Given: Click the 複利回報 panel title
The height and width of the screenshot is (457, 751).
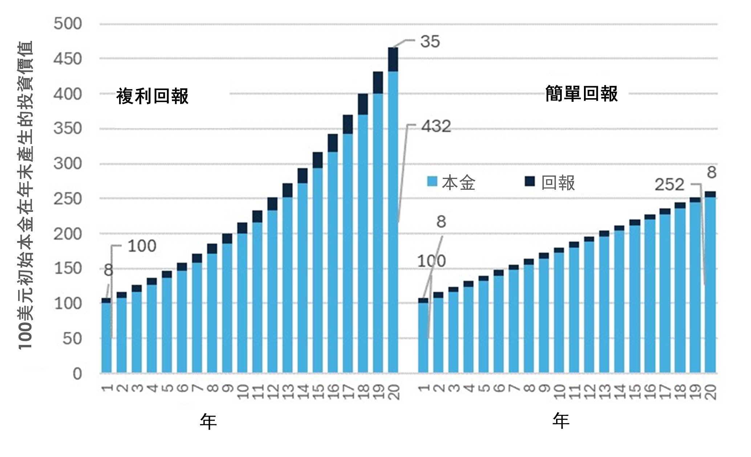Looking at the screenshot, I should (152, 96).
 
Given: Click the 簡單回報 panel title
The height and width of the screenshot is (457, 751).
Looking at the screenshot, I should (581, 94).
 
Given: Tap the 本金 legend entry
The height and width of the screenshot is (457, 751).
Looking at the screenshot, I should (452, 183).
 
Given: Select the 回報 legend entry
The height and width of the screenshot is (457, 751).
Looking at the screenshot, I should (551, 183).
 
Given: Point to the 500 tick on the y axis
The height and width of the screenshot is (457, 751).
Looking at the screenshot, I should (68, 24).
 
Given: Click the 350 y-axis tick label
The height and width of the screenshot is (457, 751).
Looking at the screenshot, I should (68, 129).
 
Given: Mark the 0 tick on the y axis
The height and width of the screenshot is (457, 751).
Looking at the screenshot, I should (77, 373).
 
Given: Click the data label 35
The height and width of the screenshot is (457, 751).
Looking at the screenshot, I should (430, 42).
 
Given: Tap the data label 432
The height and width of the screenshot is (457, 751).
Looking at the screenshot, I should (436, 127).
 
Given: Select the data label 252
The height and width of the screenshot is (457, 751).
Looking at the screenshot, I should (669, 185).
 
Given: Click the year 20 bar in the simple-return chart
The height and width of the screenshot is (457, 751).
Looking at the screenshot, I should (710, 284).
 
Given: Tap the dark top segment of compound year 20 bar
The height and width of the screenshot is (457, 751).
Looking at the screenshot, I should (393, 59).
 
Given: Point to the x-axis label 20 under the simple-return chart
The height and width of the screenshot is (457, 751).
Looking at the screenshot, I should (710, 392).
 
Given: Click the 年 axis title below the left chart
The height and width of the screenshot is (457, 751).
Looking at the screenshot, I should (208, 422).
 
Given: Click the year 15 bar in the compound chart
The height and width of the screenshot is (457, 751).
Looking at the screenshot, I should (317, 269).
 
